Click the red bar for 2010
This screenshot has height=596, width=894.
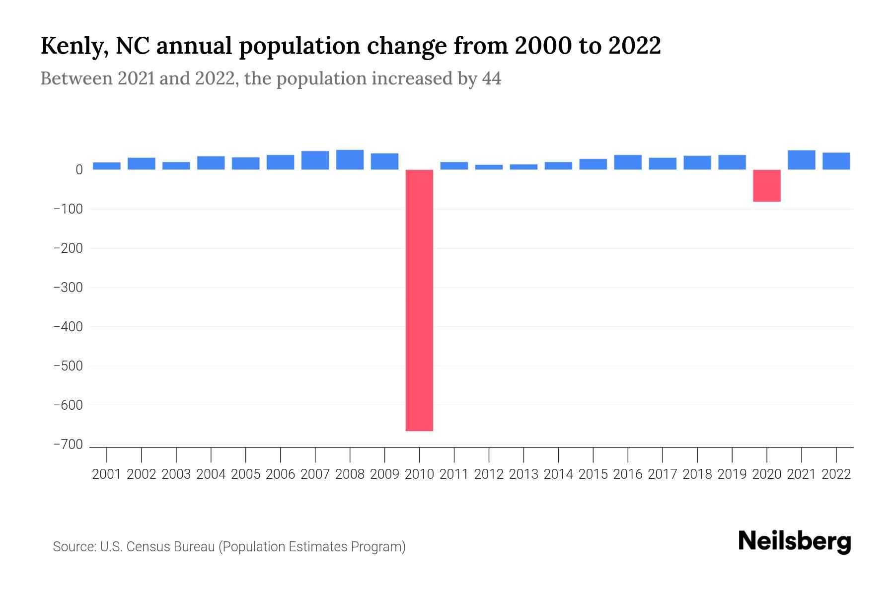419,300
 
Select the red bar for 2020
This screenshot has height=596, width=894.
766,185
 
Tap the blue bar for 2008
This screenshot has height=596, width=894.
350,160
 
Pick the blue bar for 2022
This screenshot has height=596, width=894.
836,161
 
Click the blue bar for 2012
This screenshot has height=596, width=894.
489,167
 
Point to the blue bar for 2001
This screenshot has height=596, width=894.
106,166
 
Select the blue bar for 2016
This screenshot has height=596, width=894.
627,162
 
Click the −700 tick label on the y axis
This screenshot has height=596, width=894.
68,445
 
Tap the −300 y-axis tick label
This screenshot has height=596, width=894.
68,288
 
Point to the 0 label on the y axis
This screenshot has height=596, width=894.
79,170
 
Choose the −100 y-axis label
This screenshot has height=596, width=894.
68,209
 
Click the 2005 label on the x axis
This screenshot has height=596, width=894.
245,474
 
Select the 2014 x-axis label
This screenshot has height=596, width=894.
558,474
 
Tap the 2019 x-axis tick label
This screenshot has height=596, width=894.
732,474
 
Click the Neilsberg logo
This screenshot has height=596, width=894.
795,541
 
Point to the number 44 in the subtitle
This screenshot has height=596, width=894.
491,78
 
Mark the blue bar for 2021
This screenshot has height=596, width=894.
801,160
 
